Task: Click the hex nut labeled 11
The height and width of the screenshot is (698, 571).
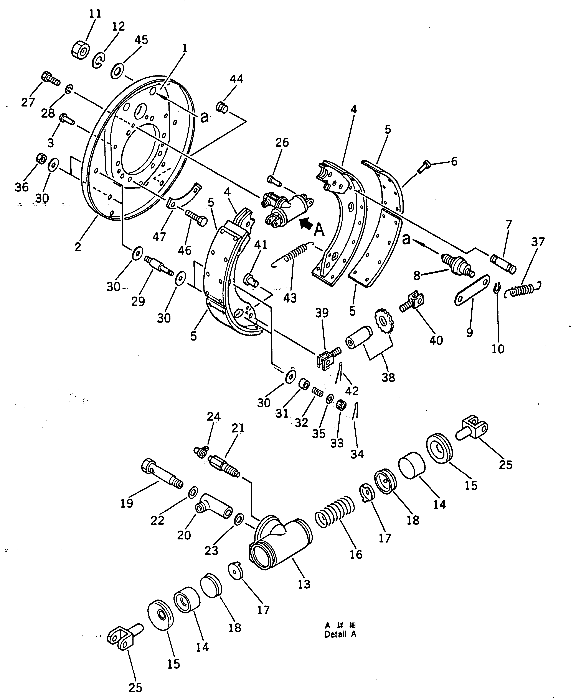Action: (x=80, y=50)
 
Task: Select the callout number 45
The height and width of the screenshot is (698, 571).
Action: (x=141, y=40)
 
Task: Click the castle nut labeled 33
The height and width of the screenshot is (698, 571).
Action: (x=341, y=406)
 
